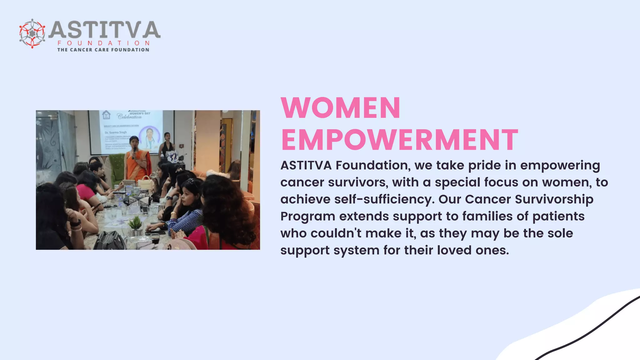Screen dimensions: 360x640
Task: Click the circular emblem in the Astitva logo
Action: click(32, 33)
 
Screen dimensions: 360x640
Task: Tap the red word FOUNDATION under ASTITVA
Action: click(103, 43)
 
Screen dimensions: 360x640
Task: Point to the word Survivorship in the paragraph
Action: click(554, 199)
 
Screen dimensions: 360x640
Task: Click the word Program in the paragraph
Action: click(308, 216)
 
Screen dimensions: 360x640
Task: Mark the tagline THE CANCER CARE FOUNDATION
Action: click(103, 50)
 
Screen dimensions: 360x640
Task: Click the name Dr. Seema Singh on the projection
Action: click(116, 132)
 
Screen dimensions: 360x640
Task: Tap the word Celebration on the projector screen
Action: click(129, 117)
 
